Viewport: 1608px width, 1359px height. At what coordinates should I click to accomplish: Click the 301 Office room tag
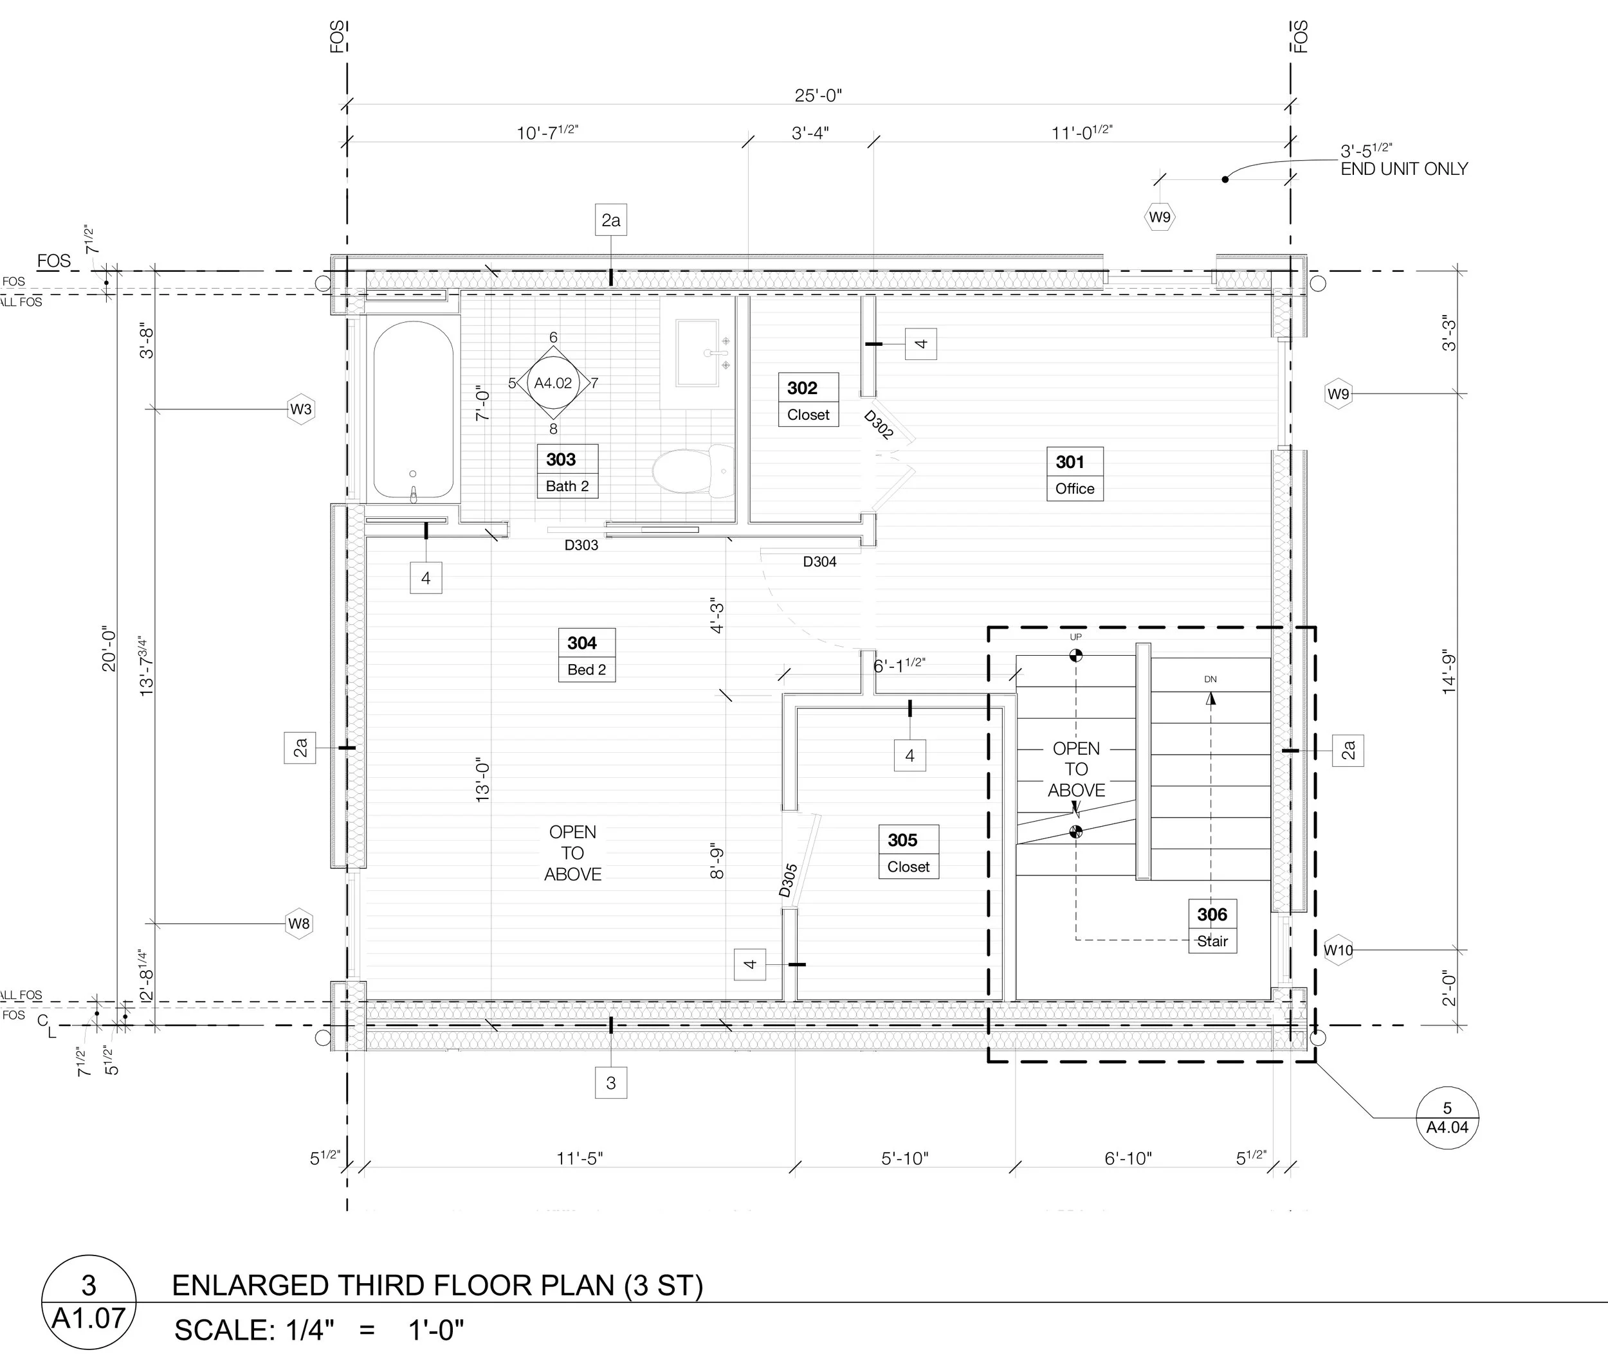[1075, 474]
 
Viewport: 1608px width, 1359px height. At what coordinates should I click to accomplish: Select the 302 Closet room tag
[808, 400]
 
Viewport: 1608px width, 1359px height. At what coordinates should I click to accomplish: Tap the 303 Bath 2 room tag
[567, 471]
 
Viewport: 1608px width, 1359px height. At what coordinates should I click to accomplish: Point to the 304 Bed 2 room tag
[587, 655]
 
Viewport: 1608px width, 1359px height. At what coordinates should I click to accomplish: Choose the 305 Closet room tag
[908, 852]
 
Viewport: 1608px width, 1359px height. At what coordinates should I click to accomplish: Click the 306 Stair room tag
[1212, 926]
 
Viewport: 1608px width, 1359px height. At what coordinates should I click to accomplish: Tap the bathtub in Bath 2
[413, 411]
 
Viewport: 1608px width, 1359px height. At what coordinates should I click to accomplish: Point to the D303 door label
[581, 545]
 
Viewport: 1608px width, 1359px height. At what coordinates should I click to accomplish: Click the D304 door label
[819, 562]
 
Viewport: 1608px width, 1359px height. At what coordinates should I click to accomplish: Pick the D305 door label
[788, 880]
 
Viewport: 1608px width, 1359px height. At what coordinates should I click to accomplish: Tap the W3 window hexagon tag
[300, 409]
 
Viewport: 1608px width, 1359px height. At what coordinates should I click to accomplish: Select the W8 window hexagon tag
[299, 923]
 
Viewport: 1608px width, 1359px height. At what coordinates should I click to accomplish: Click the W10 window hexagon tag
[1338, 950]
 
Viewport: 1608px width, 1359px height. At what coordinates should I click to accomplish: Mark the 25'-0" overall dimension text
[819, 96]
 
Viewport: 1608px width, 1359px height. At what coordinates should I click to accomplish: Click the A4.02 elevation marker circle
[553, 383]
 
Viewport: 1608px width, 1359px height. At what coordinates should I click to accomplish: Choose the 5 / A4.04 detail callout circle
[1448, 1118]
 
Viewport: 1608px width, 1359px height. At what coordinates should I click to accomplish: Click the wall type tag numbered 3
[611, 1083]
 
